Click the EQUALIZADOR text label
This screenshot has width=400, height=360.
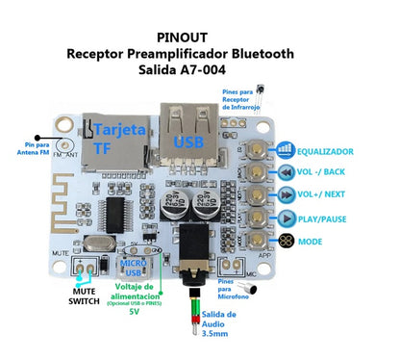[332, 152]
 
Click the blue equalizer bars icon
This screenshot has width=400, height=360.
[286, 151]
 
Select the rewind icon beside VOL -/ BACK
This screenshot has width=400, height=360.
[286, 173]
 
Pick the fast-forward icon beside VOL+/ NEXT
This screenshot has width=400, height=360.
[286, 195]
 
